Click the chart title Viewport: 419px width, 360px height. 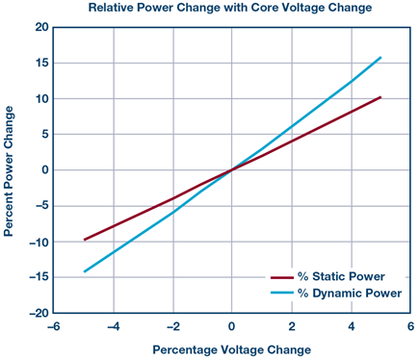click(230, 7)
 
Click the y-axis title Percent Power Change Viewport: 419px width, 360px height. click(9, 171)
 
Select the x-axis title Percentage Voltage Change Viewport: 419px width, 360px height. click(231, 349)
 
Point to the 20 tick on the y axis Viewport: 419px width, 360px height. click(41, 28)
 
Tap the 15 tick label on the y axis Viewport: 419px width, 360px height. click(41, 63)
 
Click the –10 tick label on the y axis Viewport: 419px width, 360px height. click(39, 243)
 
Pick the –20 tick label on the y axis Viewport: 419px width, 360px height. click(39, 314)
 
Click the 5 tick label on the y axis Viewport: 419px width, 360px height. click(45, 134)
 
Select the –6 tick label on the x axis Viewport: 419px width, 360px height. click(53, 327)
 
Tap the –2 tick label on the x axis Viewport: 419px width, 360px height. click(173, 327)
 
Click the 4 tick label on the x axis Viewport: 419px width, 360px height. click(352, 327)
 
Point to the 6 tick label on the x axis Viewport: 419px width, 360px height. click(410, 327)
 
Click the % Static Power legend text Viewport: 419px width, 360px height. click(341, 276)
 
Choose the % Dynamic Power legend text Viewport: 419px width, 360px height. click(350, 294)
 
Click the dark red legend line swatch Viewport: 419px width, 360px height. click(282, 277)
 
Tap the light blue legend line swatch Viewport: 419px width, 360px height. click(282, 293)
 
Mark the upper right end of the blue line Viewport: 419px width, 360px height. click(380, 58)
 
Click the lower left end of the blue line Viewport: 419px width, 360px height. click(84, 271)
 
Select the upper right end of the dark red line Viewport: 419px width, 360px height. click(380, 97)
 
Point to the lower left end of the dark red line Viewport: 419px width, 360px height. click(84, 240)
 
